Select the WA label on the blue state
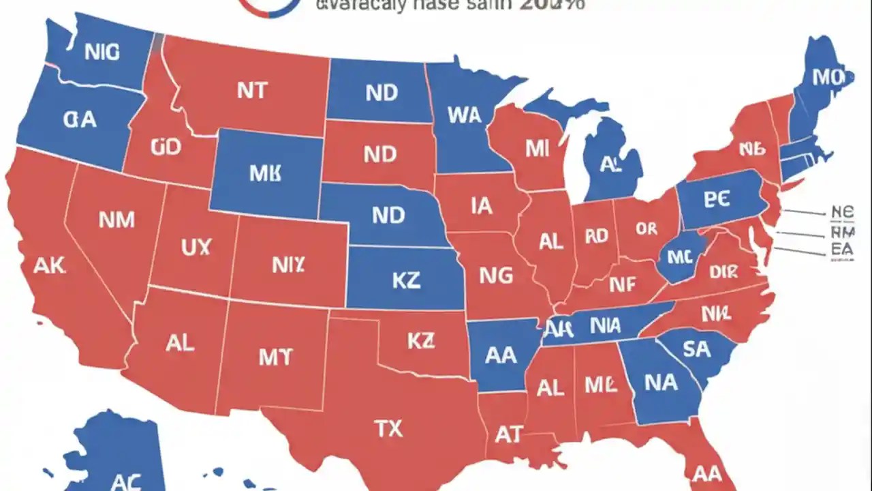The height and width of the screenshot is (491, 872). point(465,115)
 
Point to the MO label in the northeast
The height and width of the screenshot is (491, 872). point(827,78)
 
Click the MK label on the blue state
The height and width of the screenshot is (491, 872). point(264,173)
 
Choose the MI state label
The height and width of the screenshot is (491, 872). point(537,148)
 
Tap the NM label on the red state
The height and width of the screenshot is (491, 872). point(116,220)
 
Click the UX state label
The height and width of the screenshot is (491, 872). point(196,248)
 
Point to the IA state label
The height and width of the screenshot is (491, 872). point(481,205)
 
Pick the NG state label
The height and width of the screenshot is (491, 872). point(496,276)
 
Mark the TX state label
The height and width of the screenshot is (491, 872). point(388,428)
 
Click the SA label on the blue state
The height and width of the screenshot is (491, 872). point(696,349)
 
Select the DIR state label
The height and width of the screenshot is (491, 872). point(723,271)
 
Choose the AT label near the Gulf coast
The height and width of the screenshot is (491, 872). point(509,434)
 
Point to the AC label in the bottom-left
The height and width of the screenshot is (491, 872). point(127,479)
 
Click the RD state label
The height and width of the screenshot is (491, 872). point(596,236)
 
